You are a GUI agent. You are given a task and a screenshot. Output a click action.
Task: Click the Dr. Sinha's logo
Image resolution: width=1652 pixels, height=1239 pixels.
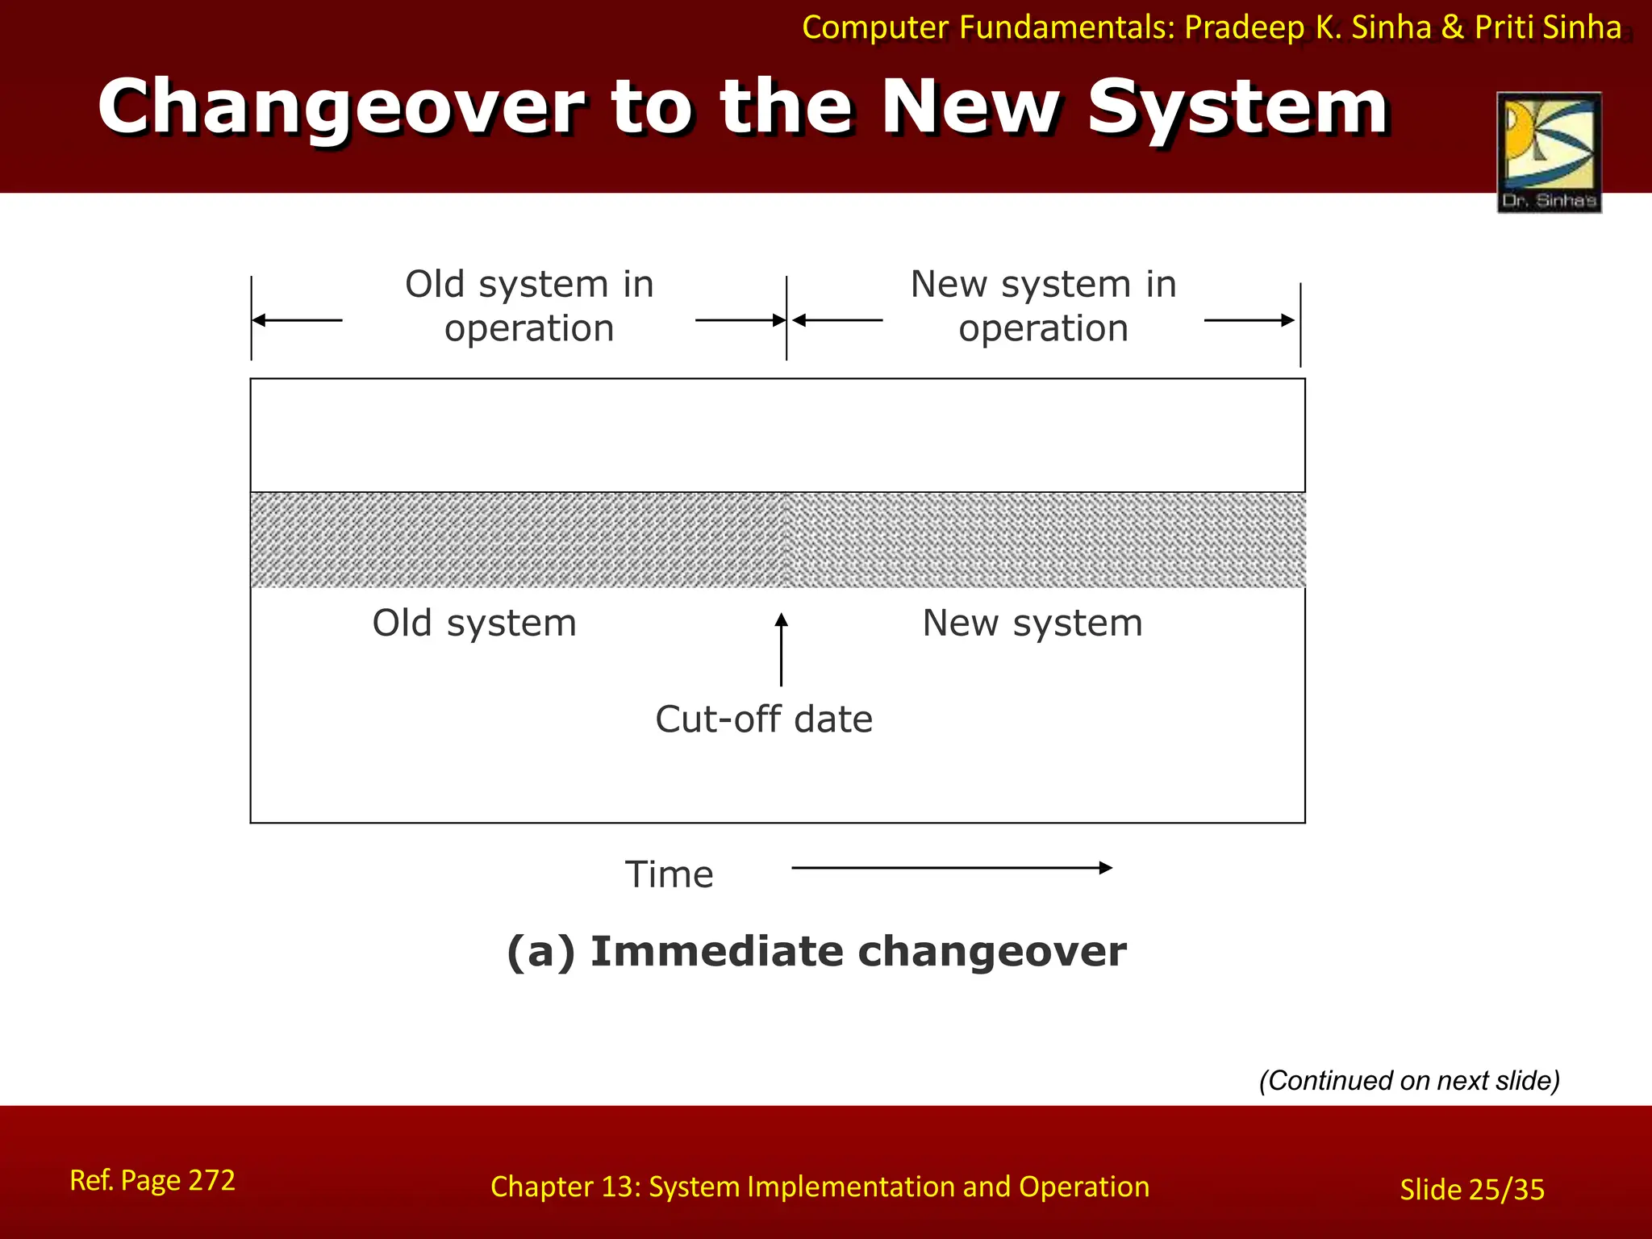pos(1549,152)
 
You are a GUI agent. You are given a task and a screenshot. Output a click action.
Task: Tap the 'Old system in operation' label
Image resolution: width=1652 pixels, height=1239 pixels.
pos(529,307)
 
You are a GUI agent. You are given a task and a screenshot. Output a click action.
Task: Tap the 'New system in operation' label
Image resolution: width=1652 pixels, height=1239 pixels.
pos(1043,307)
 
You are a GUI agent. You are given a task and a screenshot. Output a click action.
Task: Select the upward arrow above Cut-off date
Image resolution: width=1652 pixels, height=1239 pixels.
pos(781,649)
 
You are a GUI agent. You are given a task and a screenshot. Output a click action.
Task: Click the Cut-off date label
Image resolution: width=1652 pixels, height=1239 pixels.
pos(764,719)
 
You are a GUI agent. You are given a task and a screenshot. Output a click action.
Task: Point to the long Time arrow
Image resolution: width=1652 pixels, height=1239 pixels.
pos(952,868)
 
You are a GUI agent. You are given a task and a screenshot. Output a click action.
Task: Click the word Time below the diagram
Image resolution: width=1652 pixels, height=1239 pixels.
pos(670,874)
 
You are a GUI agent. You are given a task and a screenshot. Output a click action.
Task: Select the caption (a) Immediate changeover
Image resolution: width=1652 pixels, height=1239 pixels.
pos(816,951)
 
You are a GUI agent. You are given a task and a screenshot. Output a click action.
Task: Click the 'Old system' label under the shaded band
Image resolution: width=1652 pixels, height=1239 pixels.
pos(474,624)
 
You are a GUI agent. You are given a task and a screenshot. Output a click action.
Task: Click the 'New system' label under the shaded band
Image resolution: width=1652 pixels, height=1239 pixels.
pos(1032,624)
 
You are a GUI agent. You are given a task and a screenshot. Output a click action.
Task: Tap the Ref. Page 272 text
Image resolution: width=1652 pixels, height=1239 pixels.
pos(152,1180)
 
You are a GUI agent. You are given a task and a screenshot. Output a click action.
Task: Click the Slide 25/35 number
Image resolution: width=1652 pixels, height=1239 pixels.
pos(1472,1190)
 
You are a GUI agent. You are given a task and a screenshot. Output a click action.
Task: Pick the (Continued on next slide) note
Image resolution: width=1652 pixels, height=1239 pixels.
pos(1409,1080)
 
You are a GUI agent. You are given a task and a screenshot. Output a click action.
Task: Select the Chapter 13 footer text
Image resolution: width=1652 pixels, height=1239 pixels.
pos(820,1187)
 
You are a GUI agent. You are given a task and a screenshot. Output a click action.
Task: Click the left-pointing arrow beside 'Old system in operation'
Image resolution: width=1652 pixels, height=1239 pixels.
pos(298,320)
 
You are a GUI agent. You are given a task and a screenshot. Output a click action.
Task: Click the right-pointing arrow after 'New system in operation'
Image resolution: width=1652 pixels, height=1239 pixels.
pos(1249,320)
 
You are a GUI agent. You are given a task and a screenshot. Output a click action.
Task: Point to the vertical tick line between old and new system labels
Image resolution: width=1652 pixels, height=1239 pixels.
pos(786,318)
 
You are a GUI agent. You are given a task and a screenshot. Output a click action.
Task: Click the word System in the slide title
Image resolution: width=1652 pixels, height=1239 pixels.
pos(1237,107)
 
